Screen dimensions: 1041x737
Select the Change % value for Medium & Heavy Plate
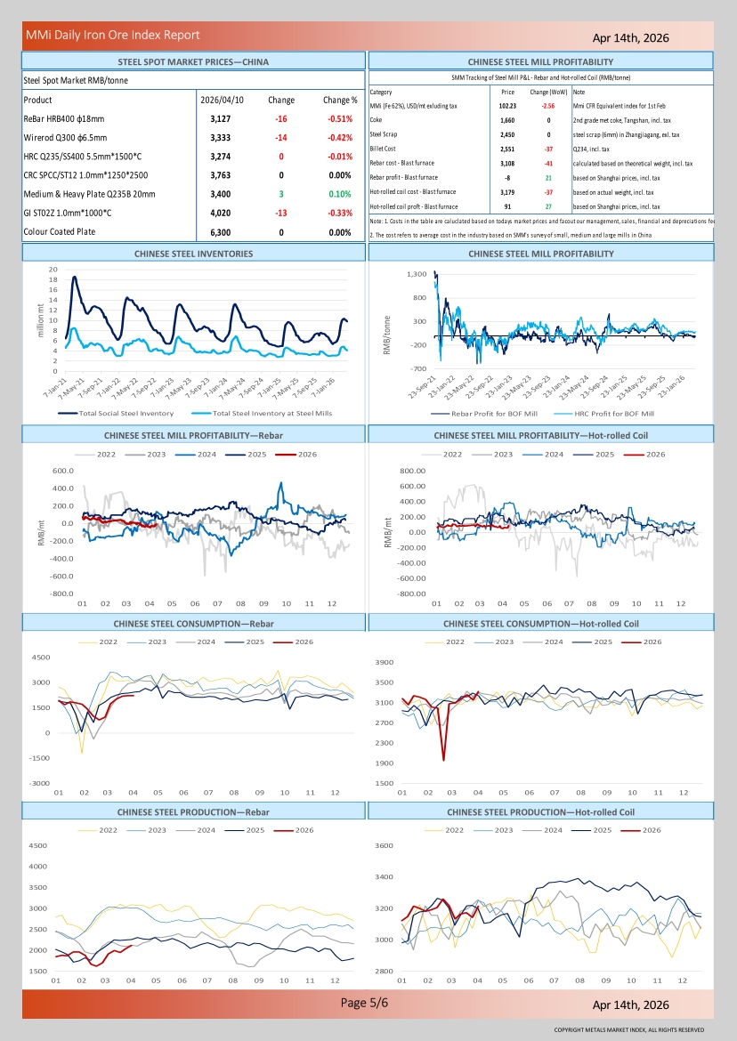click(340, 193)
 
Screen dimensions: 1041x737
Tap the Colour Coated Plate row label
click(58, 231)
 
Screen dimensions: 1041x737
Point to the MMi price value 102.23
click(507, 106)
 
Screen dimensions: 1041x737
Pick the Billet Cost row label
click(385, 149)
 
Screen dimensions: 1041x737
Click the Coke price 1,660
click(507, 120)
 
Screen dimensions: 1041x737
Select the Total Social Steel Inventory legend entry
click(126, 413)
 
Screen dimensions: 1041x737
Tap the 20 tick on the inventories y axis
click(53, 270)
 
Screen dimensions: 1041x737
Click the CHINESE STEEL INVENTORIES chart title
click(193, 254)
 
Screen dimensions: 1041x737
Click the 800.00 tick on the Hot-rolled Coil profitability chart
click(414, 470)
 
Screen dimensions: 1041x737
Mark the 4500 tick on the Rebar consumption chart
click(41, 657)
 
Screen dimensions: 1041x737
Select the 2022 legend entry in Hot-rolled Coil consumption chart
click(454, 642)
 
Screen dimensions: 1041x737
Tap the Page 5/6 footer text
click(364, 1003)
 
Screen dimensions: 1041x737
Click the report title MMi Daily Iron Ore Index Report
click(112, 36)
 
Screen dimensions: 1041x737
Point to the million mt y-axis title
click(40, 319)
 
